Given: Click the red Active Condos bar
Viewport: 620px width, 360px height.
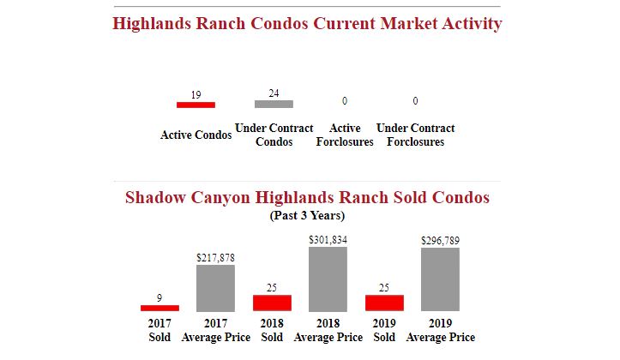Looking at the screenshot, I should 196,105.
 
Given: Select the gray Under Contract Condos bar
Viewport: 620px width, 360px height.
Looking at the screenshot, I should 274,104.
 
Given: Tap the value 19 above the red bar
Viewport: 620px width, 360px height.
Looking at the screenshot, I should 196,95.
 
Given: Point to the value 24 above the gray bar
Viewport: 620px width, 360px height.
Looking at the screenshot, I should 274,93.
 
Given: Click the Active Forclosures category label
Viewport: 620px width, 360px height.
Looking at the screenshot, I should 345,135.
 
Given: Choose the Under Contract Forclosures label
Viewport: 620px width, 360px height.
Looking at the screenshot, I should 415,135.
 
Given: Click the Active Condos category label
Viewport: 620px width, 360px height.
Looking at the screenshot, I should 196,135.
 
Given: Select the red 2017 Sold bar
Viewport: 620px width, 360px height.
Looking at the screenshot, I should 160,308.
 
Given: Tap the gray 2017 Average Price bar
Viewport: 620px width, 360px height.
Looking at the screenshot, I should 215,288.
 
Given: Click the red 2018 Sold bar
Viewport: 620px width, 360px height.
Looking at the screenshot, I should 272,303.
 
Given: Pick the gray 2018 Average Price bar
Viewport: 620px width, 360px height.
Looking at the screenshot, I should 328,279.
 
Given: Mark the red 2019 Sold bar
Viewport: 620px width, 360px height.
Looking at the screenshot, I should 384,303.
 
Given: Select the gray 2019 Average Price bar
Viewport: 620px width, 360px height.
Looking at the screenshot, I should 440,279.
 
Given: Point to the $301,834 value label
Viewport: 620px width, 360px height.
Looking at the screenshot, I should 328,240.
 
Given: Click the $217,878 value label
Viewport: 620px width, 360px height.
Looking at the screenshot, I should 215,257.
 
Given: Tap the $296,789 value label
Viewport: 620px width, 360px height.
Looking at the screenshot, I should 440,241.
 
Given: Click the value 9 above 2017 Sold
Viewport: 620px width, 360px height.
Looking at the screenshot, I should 160,297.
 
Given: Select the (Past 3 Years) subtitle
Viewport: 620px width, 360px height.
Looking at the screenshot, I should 307,216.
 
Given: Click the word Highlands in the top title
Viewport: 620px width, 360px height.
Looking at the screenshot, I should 152,23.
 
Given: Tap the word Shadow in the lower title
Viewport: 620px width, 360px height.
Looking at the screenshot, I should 155,198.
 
